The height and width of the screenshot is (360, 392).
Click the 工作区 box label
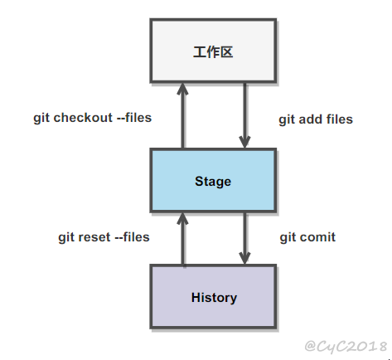[213, 52]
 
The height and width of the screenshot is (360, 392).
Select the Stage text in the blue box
[213, 182]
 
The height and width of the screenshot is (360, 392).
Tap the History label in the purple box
[214, 298]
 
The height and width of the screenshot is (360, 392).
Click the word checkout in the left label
[83, 118]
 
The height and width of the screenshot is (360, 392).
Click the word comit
[317, 237]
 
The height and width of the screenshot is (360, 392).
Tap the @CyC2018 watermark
[346, 346]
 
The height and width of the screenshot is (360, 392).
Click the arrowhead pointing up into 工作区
[182, 89]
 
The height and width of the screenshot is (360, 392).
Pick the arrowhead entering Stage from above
[244, 141]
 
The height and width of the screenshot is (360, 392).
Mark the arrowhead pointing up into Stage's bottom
[182, 218]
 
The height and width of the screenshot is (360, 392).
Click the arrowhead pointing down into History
[244, 258]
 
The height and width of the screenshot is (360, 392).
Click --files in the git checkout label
[134, 118]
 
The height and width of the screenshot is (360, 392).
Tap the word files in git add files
[340, 119]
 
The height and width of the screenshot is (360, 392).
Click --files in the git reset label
[132, 237]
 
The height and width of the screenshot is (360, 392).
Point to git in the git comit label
[288, 238]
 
